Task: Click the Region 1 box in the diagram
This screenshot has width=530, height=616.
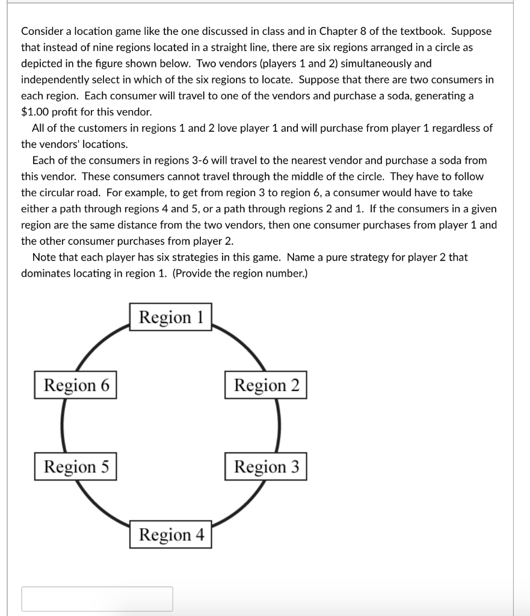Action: (x=171, y=317)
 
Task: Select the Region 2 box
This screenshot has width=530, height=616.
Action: (x=266, y=386)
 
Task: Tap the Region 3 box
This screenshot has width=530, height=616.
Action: (x=266, y=467)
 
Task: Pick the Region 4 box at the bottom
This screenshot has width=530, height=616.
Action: (x=171, y=535)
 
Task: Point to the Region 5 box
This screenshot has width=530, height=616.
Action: (x=75, y=467)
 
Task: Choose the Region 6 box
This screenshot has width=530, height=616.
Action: (x=75, y=386)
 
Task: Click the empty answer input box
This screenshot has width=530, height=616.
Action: (x=97, y=599)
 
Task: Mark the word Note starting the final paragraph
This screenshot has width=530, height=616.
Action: (x=44, y=257)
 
